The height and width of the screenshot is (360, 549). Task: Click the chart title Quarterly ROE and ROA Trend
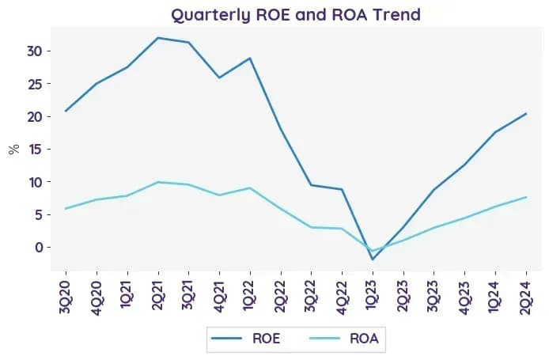pos(296,15)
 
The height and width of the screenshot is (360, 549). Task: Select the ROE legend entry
pos(246,339)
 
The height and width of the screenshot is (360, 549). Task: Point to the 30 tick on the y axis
pos(34,51)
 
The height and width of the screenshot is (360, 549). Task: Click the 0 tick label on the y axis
pos(39,247)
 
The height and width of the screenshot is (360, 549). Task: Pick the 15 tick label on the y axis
pos(34,150)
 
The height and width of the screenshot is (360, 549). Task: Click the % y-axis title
pos(14,150)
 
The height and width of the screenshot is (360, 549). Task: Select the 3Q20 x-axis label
pos(66,297)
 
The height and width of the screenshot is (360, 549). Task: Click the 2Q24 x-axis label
pos(526,297)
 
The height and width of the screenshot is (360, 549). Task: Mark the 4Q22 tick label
pos(342,297)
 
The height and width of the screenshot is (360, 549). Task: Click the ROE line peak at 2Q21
pos(158,38)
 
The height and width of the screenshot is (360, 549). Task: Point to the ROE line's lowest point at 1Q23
pos(373,260)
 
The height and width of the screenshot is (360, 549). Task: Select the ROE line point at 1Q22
pos(250,58)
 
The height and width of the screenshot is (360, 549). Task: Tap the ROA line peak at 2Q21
pos(158,182)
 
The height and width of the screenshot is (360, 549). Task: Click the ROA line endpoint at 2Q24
pos(526,197)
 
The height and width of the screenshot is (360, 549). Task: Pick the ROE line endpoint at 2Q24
pos(526,113)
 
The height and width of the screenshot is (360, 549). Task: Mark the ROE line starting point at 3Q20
pos(66,111)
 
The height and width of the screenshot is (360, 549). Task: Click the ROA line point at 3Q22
pos(311,227)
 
